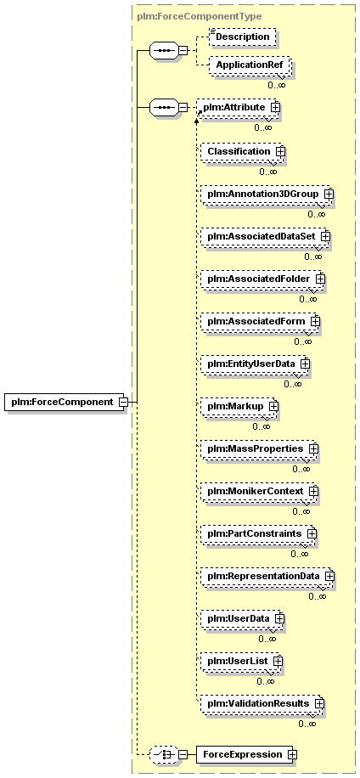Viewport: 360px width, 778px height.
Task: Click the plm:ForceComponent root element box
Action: tap(66, 402)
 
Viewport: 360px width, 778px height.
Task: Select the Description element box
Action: tap(242, 37)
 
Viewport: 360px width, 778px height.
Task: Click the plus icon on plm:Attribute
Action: tap(276, 107)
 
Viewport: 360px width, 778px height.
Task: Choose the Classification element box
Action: tap(243, 151)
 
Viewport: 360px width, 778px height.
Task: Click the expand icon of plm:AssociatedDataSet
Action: tap(325, 236)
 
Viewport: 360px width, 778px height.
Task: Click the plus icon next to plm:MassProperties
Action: tap(313, 448)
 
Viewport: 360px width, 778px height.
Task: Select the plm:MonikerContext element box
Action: tap(259, 491)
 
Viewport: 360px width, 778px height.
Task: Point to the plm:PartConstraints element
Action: tap(258, 533)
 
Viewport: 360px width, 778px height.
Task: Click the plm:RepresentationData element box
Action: tap(267, 576)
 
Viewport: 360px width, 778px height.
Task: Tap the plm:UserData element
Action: tap(243, 618)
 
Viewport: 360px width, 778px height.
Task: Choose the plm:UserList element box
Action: tap(241, 661)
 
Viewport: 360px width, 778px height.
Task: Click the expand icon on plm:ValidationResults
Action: tap(319, 703)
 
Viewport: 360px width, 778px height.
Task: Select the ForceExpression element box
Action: tap(247, 754)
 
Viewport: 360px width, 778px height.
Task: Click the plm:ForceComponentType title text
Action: tap(199, 16)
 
